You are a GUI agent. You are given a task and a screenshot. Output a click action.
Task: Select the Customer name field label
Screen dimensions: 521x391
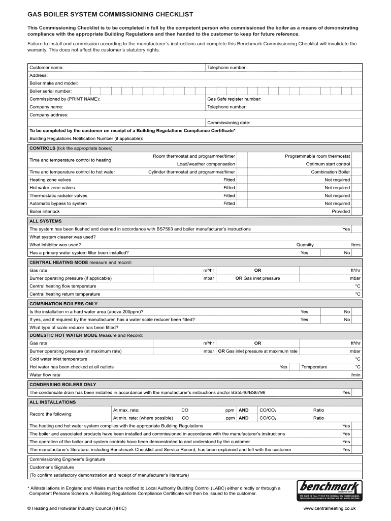[46, 67]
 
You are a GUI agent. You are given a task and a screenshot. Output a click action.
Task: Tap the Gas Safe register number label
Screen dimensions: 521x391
[234, 99]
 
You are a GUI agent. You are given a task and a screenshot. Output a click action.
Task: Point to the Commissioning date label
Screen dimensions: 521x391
[229, 123]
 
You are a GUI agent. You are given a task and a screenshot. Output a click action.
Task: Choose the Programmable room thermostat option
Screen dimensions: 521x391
[317, 156]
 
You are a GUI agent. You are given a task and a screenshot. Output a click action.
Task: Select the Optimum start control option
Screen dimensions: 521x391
[328, 164]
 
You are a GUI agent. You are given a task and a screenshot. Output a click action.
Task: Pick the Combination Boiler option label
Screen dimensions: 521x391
[331, 172]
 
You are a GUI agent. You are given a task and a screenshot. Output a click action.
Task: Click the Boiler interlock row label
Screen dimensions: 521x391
[45, 211]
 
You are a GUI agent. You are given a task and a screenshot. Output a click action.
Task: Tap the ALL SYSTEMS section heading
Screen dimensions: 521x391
[46, 221]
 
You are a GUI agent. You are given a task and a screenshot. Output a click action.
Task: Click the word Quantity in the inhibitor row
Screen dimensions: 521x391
[305, 245]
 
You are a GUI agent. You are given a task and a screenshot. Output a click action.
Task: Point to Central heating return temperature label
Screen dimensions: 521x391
[65, 294]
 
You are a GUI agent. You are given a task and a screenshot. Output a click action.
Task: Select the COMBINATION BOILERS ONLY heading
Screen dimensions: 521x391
[63, 304]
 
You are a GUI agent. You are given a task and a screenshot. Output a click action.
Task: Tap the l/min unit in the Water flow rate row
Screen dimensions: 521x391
[355, 375]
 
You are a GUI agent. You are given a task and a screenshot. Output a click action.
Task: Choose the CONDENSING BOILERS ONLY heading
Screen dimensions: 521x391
[63, 385]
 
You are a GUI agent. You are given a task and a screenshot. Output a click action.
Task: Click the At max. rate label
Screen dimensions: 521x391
[126, 410]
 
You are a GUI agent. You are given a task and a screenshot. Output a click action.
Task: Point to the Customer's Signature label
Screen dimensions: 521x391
[52, 467]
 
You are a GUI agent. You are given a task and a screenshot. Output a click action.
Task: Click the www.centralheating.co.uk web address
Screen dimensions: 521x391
[330, 508]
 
